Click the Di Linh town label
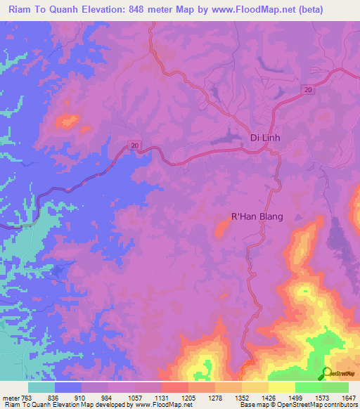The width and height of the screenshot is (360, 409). (x=265, y=138)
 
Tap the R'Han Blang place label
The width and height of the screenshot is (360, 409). (x=257, y=217)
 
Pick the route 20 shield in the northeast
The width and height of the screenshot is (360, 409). (x=308, y=89)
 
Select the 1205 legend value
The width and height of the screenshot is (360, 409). (x=188, y=397)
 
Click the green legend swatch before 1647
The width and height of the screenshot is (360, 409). (x=335, y=387)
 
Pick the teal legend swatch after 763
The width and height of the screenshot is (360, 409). (x=41, y=387)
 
